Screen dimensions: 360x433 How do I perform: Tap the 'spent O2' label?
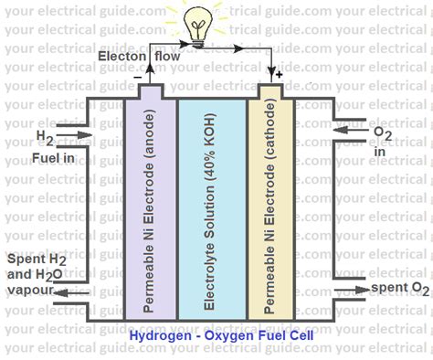tap(398, 290)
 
